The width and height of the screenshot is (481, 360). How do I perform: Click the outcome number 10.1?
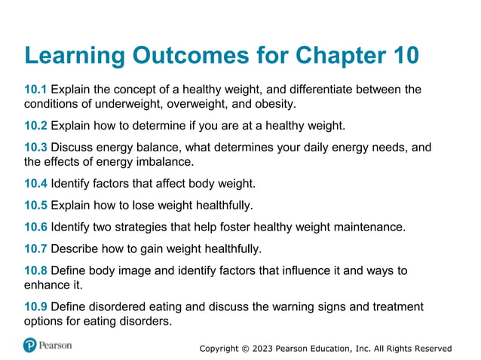35,90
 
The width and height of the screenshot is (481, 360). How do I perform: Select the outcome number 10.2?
35,125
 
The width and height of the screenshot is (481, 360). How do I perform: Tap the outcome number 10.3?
35,148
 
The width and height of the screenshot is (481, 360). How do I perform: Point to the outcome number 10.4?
35,183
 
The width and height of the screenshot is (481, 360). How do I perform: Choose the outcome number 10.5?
35,205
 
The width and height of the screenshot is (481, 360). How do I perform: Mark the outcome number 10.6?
35,227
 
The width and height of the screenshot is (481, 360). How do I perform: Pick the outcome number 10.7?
35,249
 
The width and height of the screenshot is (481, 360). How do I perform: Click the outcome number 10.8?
35,271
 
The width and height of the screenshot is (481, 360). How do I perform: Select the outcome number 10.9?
35,307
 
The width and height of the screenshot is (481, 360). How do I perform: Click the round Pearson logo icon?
30,345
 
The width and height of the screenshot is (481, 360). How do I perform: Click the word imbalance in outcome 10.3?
164,161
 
